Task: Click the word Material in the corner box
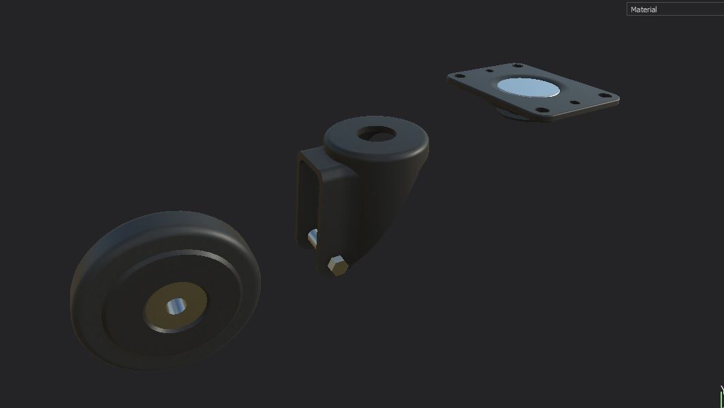644,10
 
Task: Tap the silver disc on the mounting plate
528,87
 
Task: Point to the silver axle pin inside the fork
313,239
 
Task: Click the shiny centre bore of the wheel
175,307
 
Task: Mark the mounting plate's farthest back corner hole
518,66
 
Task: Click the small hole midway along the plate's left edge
489,69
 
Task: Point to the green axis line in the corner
721,398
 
